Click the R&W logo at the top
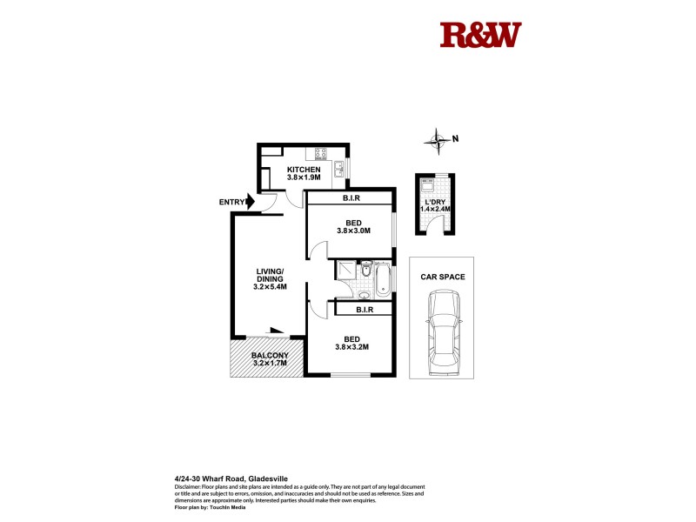click(x=480, y=35)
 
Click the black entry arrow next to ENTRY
click(x=251, y=202)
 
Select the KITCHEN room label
click(x=304, y=169)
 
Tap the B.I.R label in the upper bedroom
click(x=351, y=199)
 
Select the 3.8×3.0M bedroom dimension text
click(x=354, y=231)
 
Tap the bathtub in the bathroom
click(x=384, y=279)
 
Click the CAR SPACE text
click(x=443, y=277)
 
